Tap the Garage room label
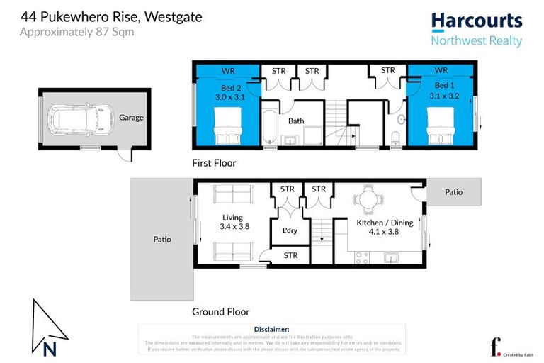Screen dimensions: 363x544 (132, 118)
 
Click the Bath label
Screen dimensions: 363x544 (296, 121)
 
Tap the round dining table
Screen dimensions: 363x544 (367, 199)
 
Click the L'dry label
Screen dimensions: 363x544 (290, 232)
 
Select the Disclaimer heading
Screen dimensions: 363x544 (271, 330)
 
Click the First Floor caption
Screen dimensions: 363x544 (214, 163)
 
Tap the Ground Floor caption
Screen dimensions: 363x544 (220, 311)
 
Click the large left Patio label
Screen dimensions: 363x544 (162, 239)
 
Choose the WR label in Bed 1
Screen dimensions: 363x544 (441, 71)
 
